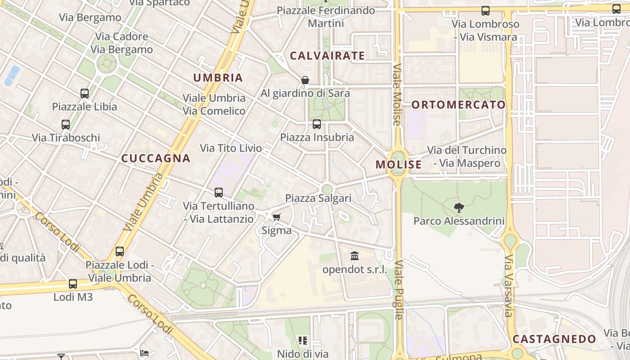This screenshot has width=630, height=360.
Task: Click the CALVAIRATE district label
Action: [x=327, y=56]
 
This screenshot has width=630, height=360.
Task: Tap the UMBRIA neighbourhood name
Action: [x=218, y=77]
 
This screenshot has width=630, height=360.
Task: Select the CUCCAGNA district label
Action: [x=156, y=158]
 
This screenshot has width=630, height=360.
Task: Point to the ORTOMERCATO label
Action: [x=459, y=105]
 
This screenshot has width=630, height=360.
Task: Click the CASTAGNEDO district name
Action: [x=554, y=339]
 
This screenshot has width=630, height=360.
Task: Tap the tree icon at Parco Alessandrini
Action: [x=459, y=207]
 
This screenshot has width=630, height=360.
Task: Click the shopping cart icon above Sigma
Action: [x=276, y=217]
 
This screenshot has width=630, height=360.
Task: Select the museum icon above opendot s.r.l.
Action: [x=355, y=256]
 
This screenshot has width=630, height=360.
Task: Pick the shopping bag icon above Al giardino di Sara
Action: [x=305, y=80]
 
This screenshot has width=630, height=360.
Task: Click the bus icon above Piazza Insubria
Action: [x=317, y=124]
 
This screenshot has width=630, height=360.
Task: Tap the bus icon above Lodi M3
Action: [x=73, y=284]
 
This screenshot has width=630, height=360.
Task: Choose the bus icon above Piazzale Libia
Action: [x=85, y=94]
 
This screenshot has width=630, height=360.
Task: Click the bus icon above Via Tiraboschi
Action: [x=66, y=124]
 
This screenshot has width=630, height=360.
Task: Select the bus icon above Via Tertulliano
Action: [x=219, y=193]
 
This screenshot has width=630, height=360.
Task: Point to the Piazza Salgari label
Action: [x=318, y=198]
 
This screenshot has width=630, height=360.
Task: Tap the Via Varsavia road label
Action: [x=508, y=285]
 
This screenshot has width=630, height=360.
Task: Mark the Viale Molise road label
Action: [x=396, y=94]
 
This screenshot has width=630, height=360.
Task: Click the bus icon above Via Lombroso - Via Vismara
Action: [x=485, y=11]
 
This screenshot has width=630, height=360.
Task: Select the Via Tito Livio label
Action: [x=231, y=148]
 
